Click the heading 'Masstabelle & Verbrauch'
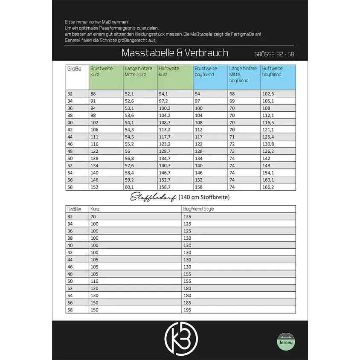pos(175,53)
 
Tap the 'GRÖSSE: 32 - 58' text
pos(274,54)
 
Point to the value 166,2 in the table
pos(269,187)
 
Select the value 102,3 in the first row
pos(269,94)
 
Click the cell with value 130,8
pos(269,144)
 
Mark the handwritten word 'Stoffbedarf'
pos(153,197)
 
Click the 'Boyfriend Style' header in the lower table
pos(199,209)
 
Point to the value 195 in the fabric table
pos(188,310)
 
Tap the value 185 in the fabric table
pos(188,302)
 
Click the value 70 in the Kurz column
pos(93,216)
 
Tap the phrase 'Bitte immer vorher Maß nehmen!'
pos(96,22)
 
